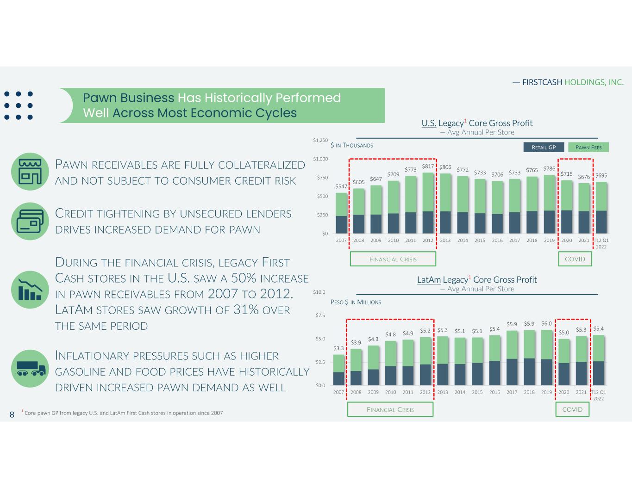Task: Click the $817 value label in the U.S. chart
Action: pyautogui.click(x=428, y=166)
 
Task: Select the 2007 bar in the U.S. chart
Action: pyautogui.click(x=341, y=213)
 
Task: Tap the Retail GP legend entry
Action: pyautogui.click(x=544, y=147)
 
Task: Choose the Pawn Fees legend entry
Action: pyautogui.click(x=588, y=147)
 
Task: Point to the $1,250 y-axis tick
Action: pyautogui.click(x=320, y=140)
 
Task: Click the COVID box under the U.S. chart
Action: pyautogui.click(x=575, y=259)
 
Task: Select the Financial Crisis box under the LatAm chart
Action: pyautogui.click(x=390, y=409)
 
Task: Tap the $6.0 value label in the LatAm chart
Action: pyautogui.click(x=546, y=324)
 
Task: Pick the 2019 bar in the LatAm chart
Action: pyautogui.click(x=546, y=358)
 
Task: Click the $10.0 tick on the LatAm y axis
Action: pyautogui.click(x=319, y=292)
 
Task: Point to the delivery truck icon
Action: pyautogui.click(x=31, y=368)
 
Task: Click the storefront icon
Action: pyautogui.click(x=31, y=172)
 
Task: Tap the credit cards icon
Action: pyautogui.click(x=31, y=221)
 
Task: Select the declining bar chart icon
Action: pyautogui.click(x=31, y=290)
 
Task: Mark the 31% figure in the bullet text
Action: pyautogui.click(x=245, y=309)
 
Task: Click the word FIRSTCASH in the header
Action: pyautogui.click(x=542, y=82)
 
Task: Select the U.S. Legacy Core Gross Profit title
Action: pyautogui.click(x=477, y=123)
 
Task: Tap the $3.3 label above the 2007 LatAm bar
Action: pyautogui.click(x=338, y=348)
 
